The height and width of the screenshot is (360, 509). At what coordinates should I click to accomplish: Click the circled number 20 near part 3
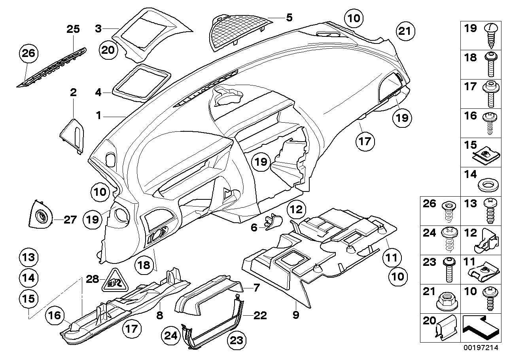[x=107, y=50]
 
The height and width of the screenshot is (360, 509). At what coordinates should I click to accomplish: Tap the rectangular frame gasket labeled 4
[x=140, y=81]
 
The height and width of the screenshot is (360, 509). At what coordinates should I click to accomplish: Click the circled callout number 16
[x=56, y=315]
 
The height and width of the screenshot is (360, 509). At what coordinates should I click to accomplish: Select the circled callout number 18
[x=144, y=265]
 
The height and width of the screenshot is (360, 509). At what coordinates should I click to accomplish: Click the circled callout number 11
[x=392, y=258]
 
